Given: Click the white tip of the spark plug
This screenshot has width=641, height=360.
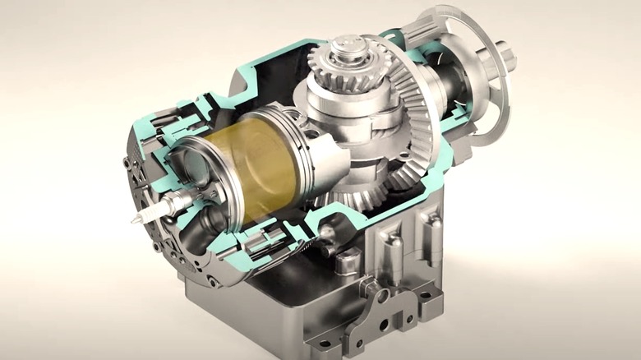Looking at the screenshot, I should [134, 219].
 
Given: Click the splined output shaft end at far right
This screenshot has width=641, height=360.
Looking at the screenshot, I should [508, 58].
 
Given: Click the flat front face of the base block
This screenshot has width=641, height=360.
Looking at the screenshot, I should [247, 316].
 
